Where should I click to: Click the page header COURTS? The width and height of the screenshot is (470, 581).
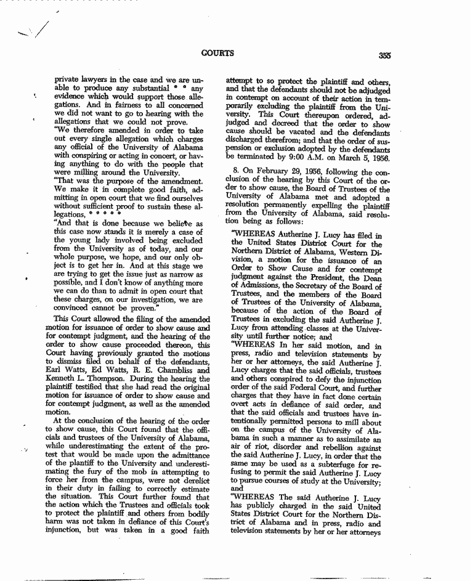pos(217,53)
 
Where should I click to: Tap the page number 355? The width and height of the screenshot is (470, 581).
pos(386,54)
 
